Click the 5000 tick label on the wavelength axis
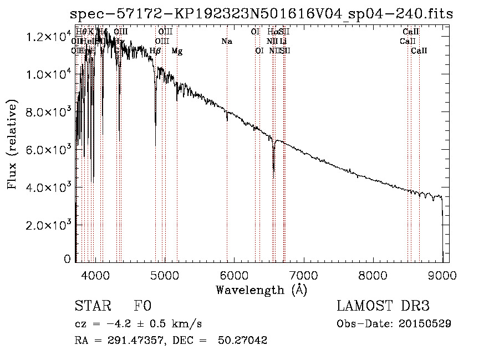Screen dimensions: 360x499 coord(165,275)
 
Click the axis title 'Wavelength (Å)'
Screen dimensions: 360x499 coord(261,290)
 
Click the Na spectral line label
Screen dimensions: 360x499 coord(226,42)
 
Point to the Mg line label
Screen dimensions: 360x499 coord(177,51)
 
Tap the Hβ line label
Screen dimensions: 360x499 coord(155,51)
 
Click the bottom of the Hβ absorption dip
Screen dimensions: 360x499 coord(155,145)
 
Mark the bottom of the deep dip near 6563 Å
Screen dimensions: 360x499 coord(273,171)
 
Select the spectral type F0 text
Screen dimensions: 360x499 coord(142,306)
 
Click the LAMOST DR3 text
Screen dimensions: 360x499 coord(383,306)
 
